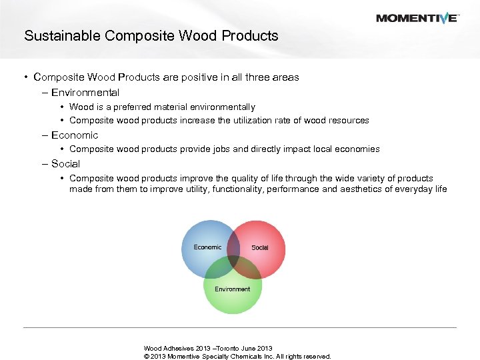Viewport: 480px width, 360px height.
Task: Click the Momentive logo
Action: [417, 18]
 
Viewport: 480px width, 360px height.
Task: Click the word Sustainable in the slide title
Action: [58, 36]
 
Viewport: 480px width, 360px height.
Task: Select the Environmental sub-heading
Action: [85, 93]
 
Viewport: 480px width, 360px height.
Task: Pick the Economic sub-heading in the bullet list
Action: [75, 135]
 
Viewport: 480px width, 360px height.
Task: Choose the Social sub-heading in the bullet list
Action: [65, 164]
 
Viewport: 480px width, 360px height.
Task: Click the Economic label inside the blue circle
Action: [207, 247]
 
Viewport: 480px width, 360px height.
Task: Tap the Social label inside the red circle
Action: [260, 248]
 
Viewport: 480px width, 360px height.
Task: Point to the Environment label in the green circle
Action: [233, 289]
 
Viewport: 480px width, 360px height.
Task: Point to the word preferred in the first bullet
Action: [128, 107]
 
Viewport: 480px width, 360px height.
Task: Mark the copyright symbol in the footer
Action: [147, 357]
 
